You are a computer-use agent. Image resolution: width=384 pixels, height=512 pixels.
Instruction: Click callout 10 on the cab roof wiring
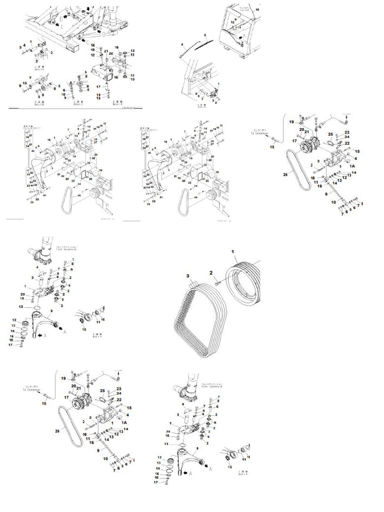257,9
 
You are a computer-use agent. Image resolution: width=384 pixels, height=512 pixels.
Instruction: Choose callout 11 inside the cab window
239,28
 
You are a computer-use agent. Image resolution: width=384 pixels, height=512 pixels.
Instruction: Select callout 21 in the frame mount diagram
106,50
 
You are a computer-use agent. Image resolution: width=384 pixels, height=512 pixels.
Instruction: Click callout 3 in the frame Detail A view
20,47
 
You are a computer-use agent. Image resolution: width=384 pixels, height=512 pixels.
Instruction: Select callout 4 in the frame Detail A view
24,45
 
